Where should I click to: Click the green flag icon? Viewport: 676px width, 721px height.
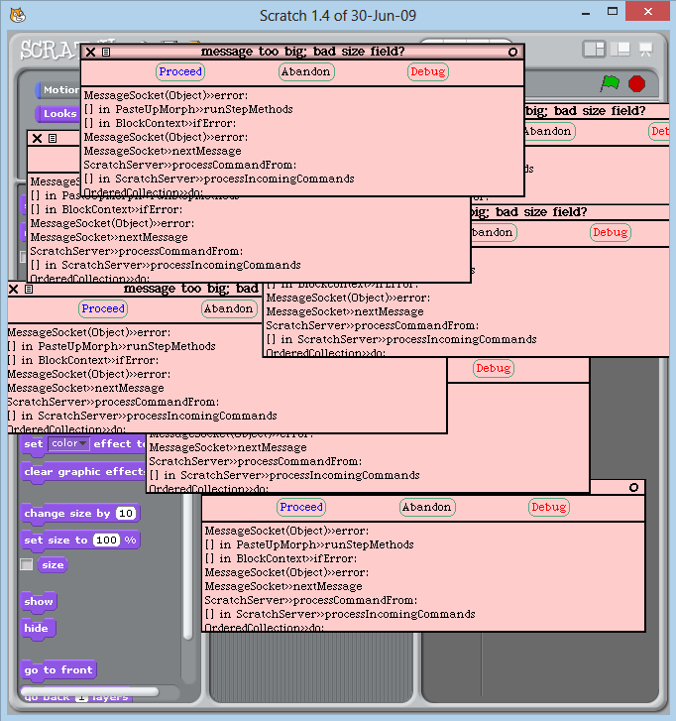610,84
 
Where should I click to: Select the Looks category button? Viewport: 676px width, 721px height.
57,113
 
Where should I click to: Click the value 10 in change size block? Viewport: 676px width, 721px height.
126,514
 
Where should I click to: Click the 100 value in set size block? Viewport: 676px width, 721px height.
106,541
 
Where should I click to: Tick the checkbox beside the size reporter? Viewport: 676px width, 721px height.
27,565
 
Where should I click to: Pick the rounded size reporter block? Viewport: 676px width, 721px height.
53,565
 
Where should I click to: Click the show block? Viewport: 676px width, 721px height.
39,602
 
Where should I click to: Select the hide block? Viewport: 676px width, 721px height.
37,628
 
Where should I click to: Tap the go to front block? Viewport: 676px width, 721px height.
57,670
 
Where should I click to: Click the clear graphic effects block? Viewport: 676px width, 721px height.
83,472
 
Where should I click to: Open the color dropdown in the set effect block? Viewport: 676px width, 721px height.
69,444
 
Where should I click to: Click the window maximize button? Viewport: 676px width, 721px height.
604,14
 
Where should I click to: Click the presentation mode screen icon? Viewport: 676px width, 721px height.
645,50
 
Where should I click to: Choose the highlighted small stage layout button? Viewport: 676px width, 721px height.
594,49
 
